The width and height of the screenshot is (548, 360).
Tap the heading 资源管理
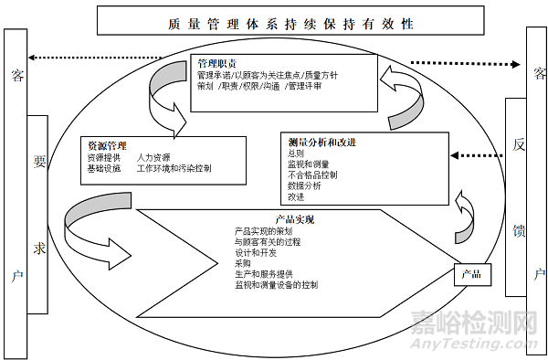point(107,145)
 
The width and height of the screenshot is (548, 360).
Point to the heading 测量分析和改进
point(321,143)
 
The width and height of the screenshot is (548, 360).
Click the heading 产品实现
point(295,219)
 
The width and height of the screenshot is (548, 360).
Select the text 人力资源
point(153,157)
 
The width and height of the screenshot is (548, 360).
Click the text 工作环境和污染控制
point(174,169)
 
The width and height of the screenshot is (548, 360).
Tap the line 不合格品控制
point(312,175)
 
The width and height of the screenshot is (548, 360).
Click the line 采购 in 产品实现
point(242,263)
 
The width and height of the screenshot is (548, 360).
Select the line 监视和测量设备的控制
point(276,285)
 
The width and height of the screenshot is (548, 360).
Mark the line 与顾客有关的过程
point(267,241)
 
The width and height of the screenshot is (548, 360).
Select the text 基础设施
point(103,169)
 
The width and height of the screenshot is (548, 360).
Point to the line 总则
point(295,154)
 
